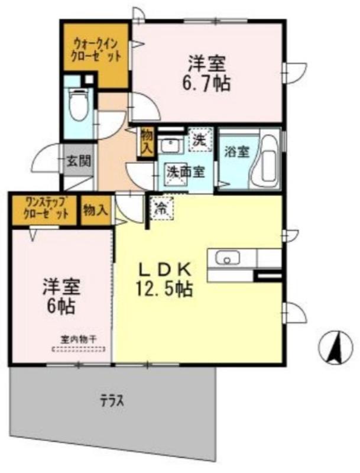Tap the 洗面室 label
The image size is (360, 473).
[x=185, y=172]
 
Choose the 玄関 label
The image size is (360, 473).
[x=74, y=160]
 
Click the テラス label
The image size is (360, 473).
[x=111, y=401]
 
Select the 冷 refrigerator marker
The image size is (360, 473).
[x=160, y=208]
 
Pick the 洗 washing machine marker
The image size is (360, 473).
[x=200, y=141]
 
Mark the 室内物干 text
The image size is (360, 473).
[x=79, y=339]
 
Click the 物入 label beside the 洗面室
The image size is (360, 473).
[x=146, y=142]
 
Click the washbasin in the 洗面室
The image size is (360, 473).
[x=173, y=145]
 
